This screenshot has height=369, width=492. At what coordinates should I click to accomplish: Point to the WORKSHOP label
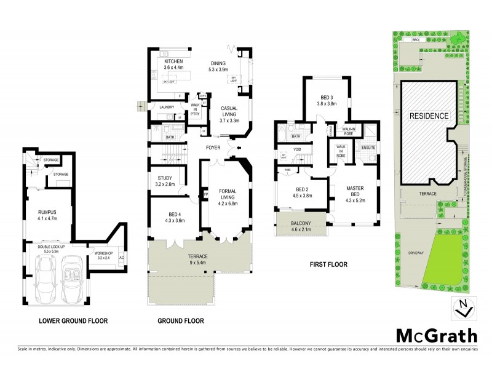tap(103, 255)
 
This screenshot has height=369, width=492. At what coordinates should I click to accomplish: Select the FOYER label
tap(214, 147)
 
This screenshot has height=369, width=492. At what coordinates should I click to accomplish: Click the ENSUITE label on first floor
tap(369, 147)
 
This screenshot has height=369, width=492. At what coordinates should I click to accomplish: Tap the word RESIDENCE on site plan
tap(428, 116)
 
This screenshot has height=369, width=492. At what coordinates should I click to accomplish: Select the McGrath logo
tap(435, 335)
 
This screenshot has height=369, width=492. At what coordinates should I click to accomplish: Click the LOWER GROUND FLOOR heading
tap(73, 320)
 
